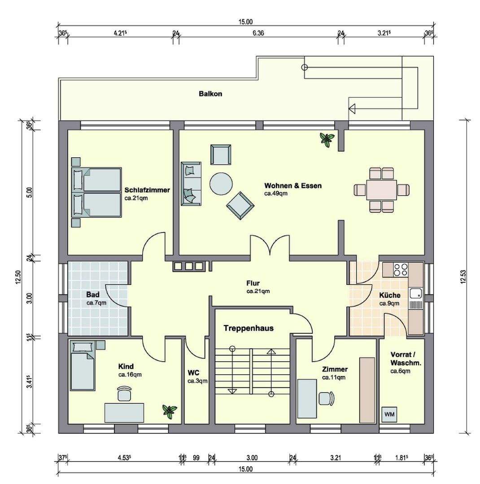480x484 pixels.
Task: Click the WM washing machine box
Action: click(x=389, y=414)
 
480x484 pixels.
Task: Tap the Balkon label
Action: click(x=210, y=94)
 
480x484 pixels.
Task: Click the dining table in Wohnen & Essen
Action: click(x=381, y=190)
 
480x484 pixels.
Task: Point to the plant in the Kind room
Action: click(x=170, y=411)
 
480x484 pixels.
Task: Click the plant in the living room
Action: click(x=327, y=139)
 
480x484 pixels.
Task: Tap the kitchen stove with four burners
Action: click(x=400, y=269)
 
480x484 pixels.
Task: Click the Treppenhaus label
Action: click(x=249, y=328)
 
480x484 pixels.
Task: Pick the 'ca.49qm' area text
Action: click(x=276, y=194)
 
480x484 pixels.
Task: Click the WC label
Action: click(x=193, y=373)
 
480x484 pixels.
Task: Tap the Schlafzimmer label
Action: click(x=147, y=190)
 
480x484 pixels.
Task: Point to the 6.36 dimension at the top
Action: click(x=258, y=33)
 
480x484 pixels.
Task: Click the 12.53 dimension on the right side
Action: click(x=463, y=276)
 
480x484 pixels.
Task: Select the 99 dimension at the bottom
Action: click(x=196, y=458)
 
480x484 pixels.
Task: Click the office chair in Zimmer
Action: click(x=327, y=398)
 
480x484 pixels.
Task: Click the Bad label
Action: click(x=93, y=294)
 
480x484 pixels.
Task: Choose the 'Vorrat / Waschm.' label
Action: click(x=406, y=359)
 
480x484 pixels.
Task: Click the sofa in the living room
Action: click(x=191, y=183)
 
